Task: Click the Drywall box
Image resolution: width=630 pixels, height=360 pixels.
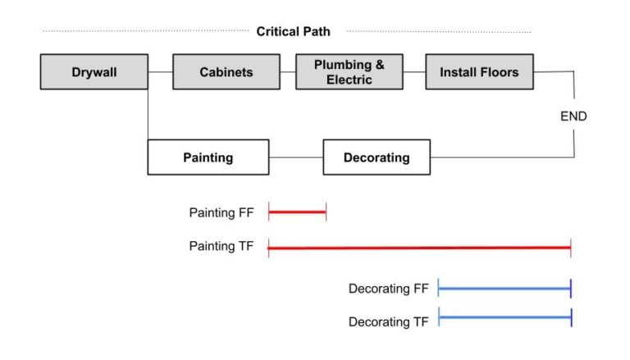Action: click(94, 72)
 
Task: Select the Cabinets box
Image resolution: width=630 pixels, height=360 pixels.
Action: click(226, 72)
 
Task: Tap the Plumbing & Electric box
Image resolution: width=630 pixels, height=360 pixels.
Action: click(349, 72)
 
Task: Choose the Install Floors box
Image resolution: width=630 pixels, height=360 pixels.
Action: click(479, 72)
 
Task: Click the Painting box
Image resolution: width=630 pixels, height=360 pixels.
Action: click(208, 157)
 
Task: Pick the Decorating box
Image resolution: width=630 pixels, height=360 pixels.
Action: click(376, 157)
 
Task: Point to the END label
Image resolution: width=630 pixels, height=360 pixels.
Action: click(573, 116)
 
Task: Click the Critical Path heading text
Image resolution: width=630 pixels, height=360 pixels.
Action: click(293, 32)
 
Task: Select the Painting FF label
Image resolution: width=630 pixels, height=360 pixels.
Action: click(221, 212)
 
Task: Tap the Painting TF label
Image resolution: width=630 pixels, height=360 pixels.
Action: click(221, 246)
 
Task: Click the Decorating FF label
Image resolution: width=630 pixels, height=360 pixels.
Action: click(389, 289)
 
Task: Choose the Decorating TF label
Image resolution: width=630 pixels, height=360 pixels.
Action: click(389, 322)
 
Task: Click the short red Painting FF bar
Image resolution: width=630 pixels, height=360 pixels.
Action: click(297, 213)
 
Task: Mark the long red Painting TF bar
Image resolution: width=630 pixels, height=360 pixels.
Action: click(418, 247)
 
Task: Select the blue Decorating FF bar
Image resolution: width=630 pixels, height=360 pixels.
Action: click(504, 289)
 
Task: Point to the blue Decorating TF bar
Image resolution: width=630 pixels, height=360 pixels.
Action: click(504, 317)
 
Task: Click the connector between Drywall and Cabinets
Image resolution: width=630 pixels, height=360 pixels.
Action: click(161, 72)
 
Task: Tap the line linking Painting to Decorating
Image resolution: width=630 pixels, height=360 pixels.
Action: click(295, 157)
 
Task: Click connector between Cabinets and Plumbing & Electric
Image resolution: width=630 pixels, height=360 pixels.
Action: click(287, 72)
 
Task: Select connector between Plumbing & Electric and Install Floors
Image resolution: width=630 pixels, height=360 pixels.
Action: click(414, 72)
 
